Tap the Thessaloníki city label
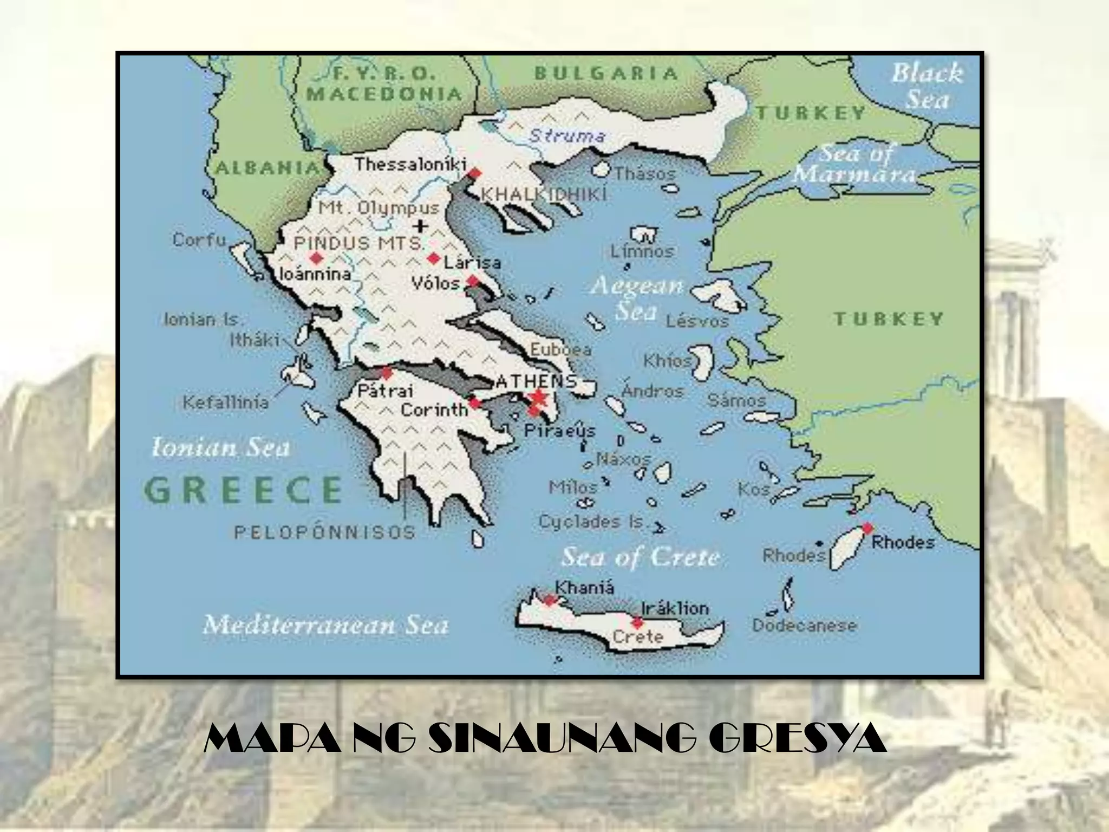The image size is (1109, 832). click(410, 164)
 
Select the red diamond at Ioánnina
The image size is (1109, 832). click(315, 258)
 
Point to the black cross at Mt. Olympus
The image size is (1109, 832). click(420, 226)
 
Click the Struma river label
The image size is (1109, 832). click(566, 135)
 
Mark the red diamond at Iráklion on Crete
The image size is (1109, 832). click(637, 622)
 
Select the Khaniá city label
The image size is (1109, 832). click(585, 588)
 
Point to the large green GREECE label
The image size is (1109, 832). click(244, 490)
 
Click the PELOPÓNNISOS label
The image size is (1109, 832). click(325, 532)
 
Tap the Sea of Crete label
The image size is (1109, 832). click(641, 557)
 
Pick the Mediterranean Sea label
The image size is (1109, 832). click(326, 625)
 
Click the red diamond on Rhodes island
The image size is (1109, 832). click(867, 528)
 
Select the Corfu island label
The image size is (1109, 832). click(199, 239)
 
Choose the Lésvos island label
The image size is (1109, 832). click(697, 321)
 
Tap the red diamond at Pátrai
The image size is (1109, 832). click(387, 373)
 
